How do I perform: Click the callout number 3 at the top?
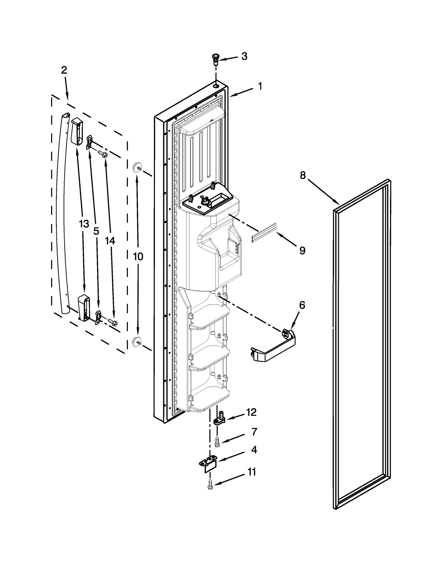(244, 56)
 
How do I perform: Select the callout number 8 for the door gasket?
(303, 175)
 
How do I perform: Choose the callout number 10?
(138, 257)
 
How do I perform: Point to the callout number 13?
(84, 224)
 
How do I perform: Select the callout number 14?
(110, 241)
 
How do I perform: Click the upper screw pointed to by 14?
(103, 154)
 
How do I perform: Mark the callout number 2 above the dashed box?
(64, 70)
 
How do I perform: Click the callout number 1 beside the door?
(260, 86)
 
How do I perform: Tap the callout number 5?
(96, 231)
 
